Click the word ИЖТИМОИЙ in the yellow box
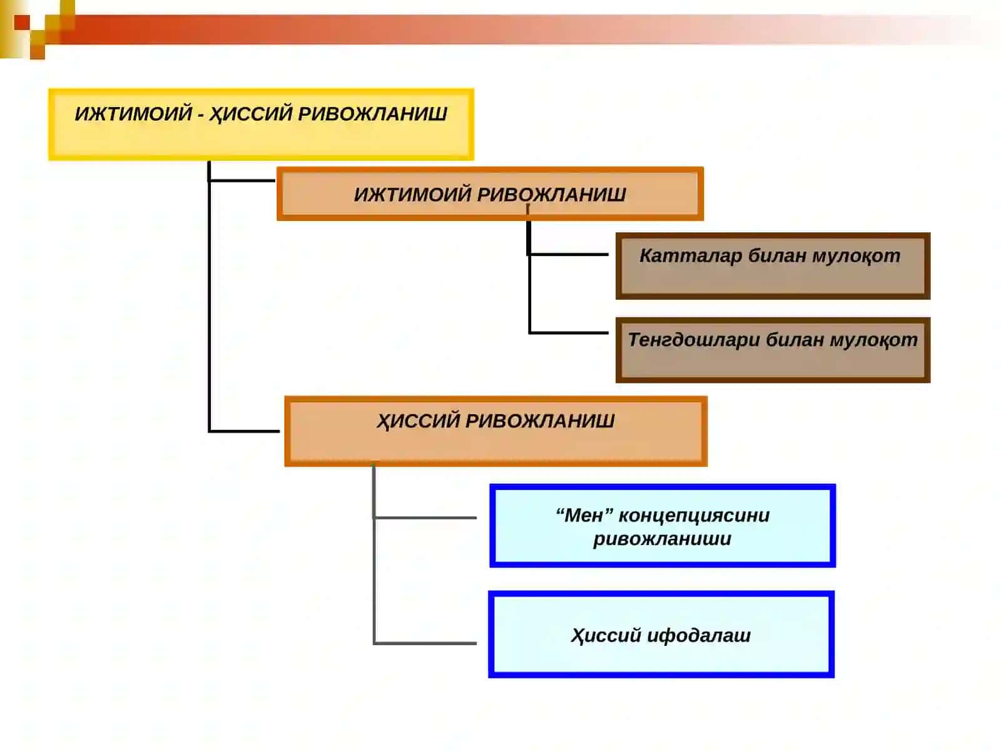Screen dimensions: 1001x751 [133, 113]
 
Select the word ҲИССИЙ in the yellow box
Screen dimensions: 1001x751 [250, 114]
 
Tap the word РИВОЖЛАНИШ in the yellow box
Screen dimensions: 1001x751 [372, 113]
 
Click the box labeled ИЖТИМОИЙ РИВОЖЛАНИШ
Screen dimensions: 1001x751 [490, 194]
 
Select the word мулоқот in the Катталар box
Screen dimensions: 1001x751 [856, 256]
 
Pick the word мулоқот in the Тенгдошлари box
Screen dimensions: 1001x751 [873, 340]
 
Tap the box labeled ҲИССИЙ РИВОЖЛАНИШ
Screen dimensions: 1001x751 [495, 431]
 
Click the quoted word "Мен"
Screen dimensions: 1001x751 [584, 515]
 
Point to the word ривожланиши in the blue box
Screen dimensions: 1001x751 [662, 539]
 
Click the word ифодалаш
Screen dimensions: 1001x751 [699, 635]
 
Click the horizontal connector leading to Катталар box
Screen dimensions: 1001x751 [568, 255]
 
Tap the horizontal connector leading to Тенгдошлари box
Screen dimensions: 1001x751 [569, 333]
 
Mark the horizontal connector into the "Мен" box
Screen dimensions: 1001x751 [425, 518]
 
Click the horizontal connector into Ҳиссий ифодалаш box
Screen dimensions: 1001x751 [425, 643]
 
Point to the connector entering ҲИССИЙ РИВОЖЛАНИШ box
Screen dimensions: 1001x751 [245, 431]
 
